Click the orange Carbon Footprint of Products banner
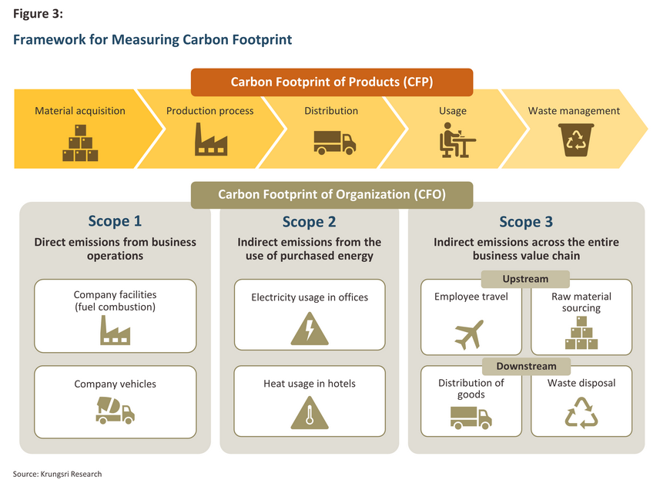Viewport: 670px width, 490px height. (332, 82)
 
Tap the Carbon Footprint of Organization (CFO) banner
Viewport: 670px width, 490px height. (332, 195)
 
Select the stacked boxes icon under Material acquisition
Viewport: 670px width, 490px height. (80, 143)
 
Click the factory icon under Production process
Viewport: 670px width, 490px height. (211, 139)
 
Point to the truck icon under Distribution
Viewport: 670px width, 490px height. (334, 143)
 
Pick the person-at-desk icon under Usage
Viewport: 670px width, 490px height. (457, 140)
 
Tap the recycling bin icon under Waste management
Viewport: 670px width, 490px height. (576, 139)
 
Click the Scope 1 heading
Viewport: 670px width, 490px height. (115, 221)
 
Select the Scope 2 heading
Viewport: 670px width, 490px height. (309, 222)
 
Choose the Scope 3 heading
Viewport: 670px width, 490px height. (526, 222)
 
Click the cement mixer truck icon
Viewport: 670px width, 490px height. (115, 410)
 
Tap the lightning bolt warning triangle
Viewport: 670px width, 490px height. (310, 329)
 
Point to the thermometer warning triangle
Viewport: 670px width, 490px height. (310, 413)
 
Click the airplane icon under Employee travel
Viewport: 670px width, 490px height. (469, 334)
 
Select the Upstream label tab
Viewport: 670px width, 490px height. (525, 279)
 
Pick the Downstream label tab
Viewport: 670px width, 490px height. (527, 367)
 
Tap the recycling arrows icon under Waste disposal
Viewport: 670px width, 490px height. (581, 413)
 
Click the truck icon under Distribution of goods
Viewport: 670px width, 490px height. (471, 418)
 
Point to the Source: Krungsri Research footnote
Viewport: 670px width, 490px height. (57, 474)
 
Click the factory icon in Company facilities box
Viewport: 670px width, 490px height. (115, 330)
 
